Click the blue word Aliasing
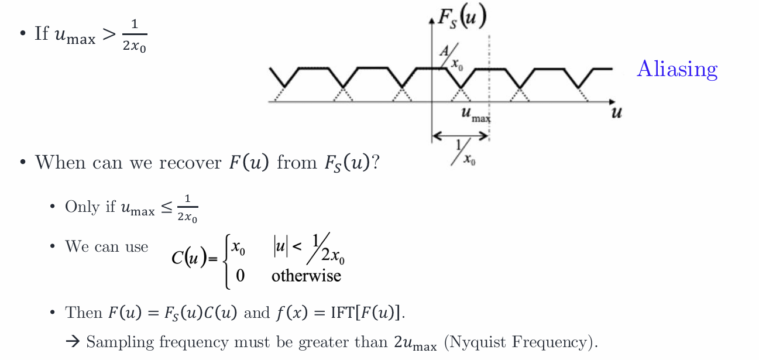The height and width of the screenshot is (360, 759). pos(677,69)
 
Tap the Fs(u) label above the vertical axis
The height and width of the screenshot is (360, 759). pos(462,17)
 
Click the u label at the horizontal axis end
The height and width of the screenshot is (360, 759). pos(617,112)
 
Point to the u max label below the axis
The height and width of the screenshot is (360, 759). pos(476,115)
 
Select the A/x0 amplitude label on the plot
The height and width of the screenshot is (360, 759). pos(451,57)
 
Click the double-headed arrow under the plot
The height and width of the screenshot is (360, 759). pos(460,136)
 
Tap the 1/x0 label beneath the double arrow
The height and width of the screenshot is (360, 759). pos(463,152)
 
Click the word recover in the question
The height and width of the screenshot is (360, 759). pos(190,163)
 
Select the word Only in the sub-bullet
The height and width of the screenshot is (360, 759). pos(83,207)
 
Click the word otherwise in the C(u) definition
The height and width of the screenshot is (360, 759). pos(306,276)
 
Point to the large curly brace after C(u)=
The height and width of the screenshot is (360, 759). pos(226,261)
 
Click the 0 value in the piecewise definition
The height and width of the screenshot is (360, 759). pos(241,276)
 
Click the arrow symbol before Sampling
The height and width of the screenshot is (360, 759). pos(73,341)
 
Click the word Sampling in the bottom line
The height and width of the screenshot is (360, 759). pos(121,342)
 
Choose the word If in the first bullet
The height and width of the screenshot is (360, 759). pos(42,33)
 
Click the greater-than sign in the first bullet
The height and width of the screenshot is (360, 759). pos(109,34)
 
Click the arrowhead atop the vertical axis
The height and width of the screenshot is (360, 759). pos(432,21)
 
